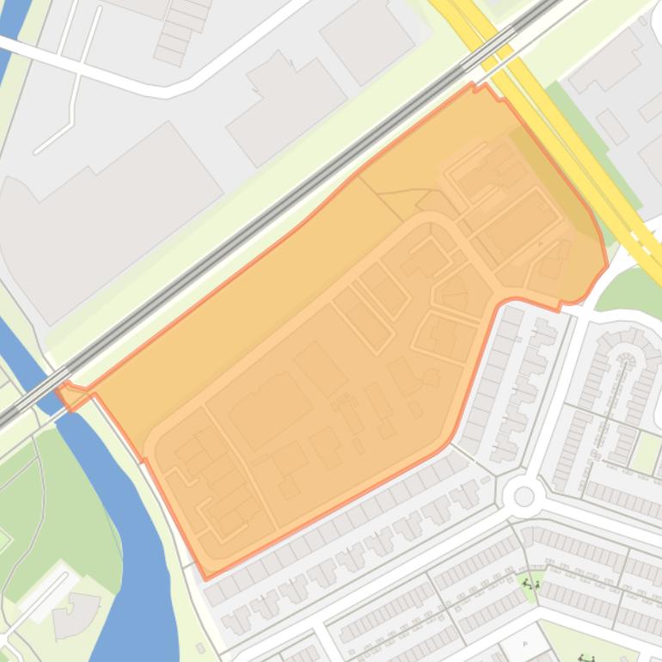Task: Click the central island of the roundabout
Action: [524, 496]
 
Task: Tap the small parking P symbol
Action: [524, 644]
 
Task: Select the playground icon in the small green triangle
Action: [531, 585]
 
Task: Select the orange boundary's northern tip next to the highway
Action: [473, 85]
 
